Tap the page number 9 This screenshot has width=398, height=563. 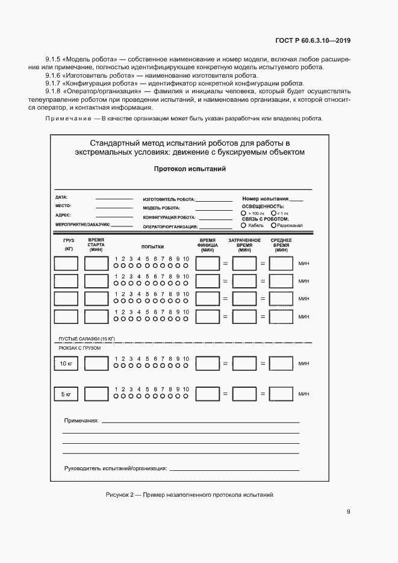tap(348, 512)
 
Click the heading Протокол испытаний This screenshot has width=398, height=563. tap(190, 169)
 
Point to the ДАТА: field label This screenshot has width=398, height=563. tap(61, 198)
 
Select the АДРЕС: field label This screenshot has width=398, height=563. tap(63, 215)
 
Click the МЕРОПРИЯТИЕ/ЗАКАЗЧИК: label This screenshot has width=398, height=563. tap(82, 224)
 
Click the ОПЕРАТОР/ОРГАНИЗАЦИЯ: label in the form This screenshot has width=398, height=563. tap(170, 227)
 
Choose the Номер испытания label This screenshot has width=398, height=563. tap(265, 199)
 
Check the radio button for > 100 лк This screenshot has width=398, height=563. tap(243, 213)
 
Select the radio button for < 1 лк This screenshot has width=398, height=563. tap(273, 213)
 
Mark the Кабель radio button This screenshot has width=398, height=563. tap(243, 225)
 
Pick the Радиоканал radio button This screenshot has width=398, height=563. tap(274, 225)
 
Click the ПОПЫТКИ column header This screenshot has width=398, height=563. tap(152, 247)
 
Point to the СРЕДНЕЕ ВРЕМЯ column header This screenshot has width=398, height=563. tap(281, 244)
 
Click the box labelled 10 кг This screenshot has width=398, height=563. tap(66, 364)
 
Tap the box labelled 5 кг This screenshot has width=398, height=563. tap(66, 394)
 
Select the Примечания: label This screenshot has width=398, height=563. tap(81, 420)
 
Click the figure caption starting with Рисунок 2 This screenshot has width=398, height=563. tap(190, 494)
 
